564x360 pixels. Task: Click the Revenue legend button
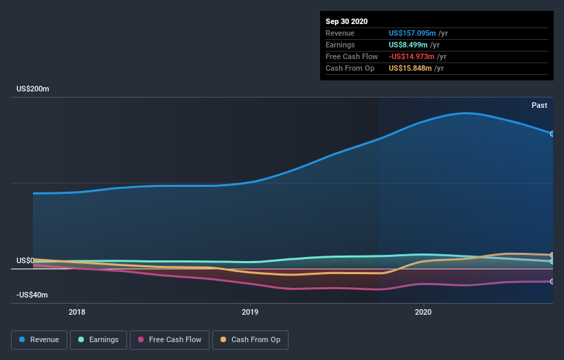tap(39, 339)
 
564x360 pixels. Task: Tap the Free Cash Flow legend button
tap(170, 339)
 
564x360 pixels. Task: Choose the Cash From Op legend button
tap(250, 339)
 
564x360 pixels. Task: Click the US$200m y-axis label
tap(33, 89)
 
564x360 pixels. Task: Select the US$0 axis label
tap(25, 261)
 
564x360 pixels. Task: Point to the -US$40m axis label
tap(33, 295)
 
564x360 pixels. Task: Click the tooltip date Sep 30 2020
tap(347, 21)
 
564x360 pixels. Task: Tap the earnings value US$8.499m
tap(410, 45)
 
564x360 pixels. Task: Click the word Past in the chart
tap(539, 105)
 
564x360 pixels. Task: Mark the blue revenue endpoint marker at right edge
tap(552, 133)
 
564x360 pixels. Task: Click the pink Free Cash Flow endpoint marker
tap(552, 282)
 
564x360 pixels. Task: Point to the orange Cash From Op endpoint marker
tap(552, 255)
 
